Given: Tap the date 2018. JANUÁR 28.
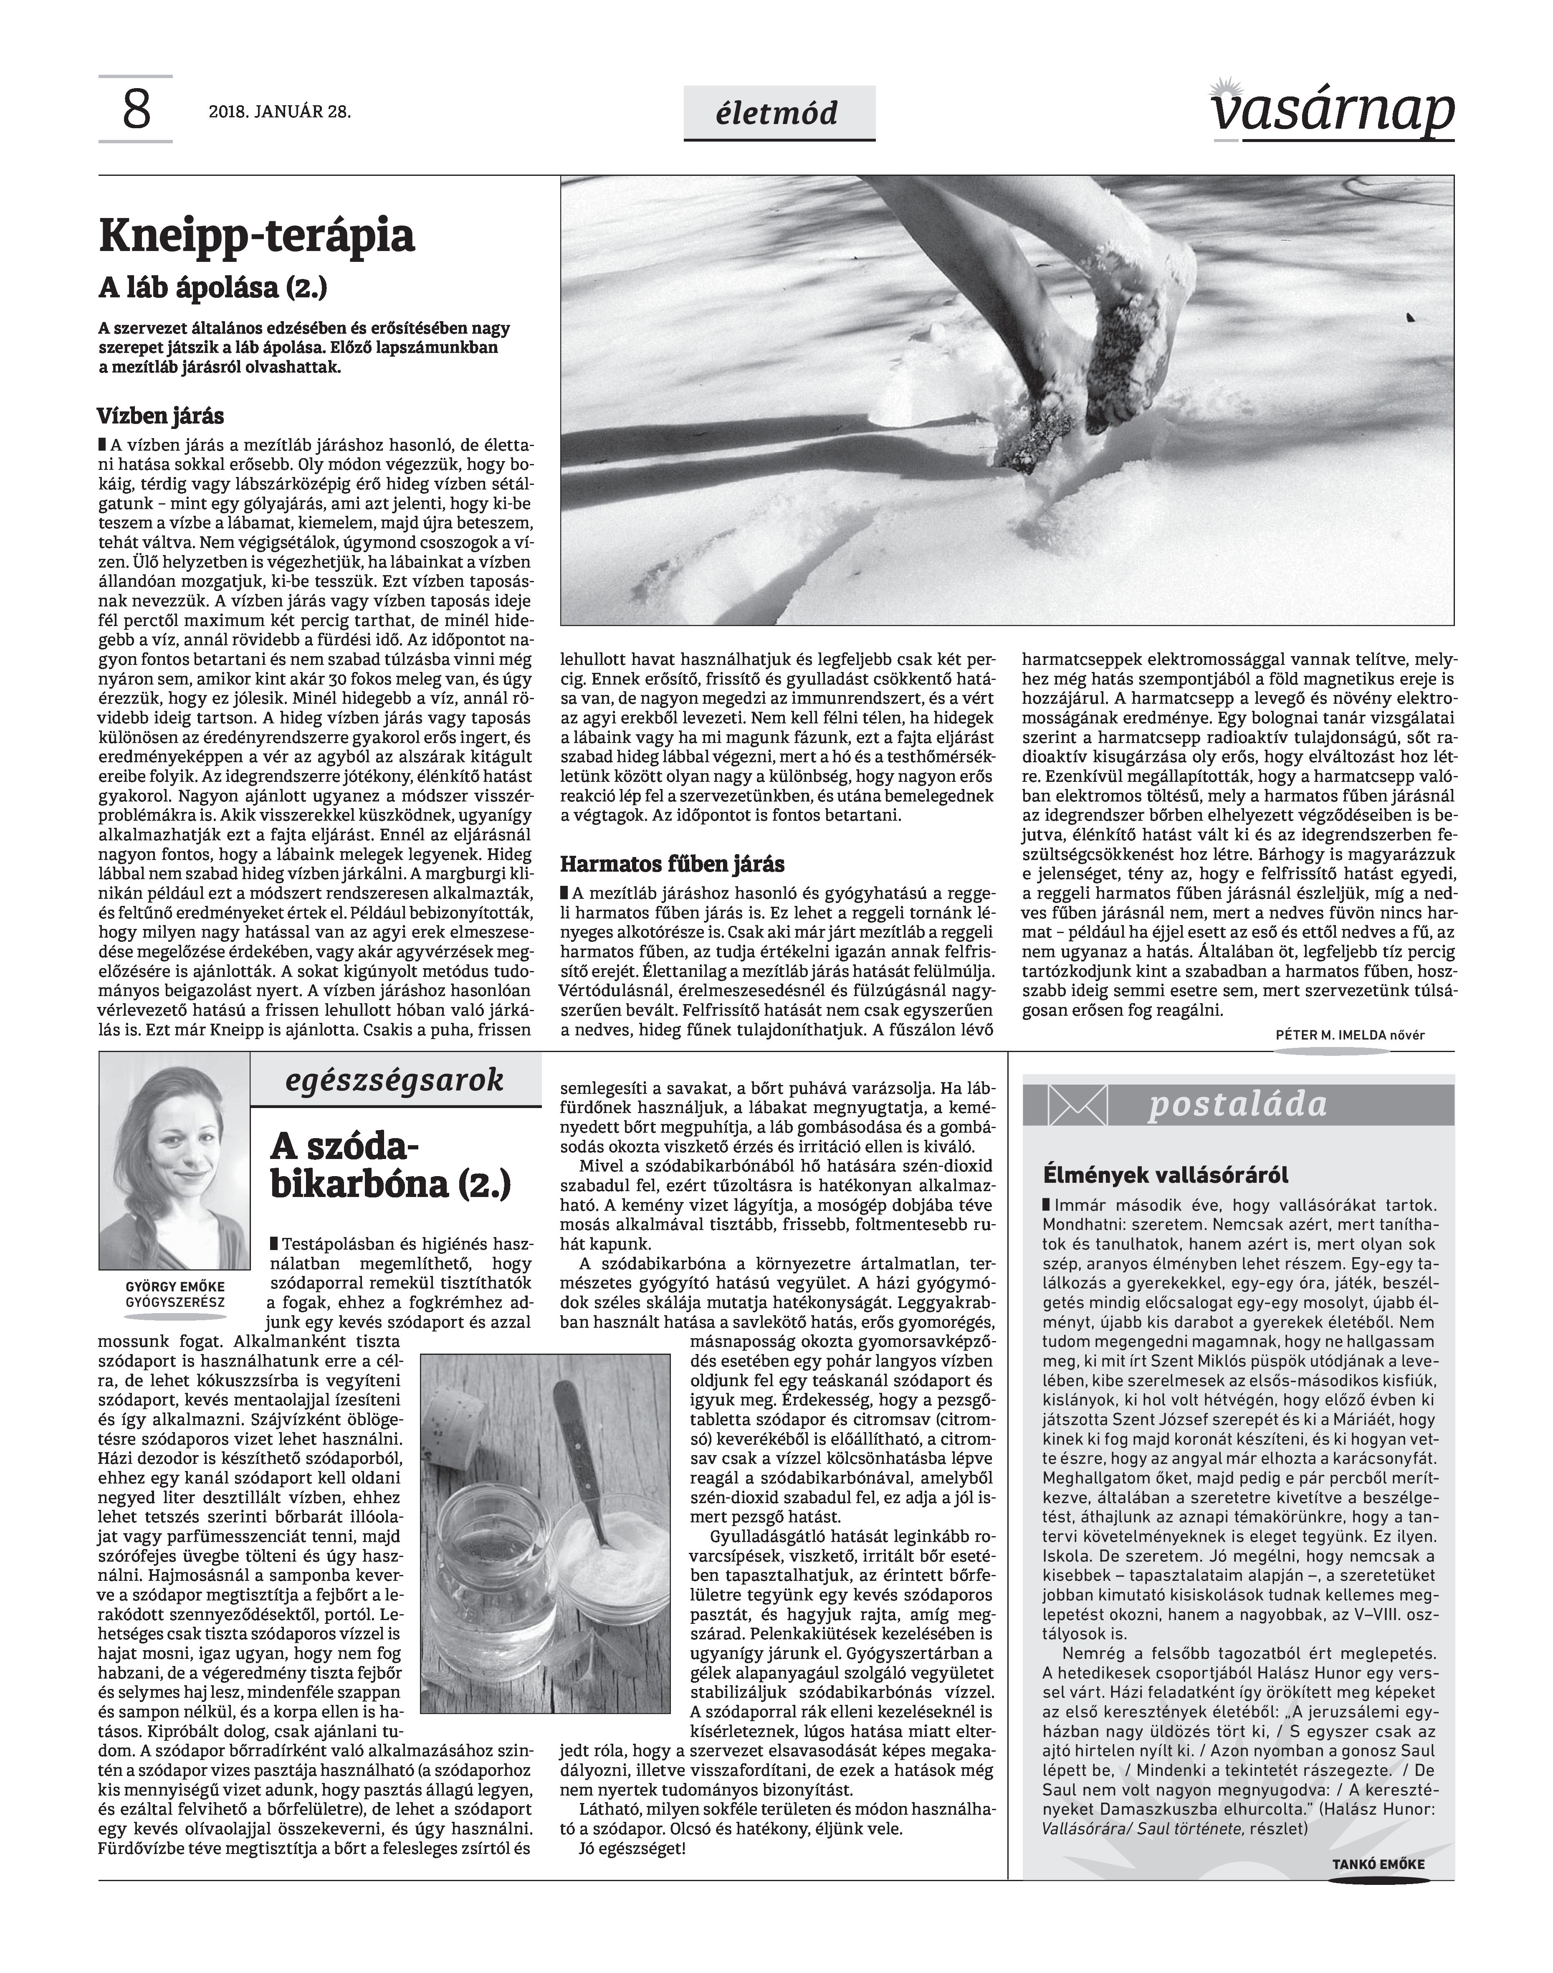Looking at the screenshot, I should coord(279,113).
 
